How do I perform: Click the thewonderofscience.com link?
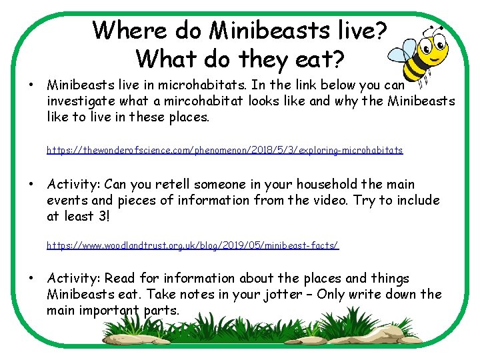225,151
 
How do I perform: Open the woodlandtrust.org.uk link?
193,245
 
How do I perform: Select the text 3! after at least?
105,217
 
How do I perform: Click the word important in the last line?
114,311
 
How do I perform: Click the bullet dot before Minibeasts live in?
31,85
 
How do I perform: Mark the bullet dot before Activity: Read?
31,279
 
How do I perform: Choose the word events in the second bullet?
67,201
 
